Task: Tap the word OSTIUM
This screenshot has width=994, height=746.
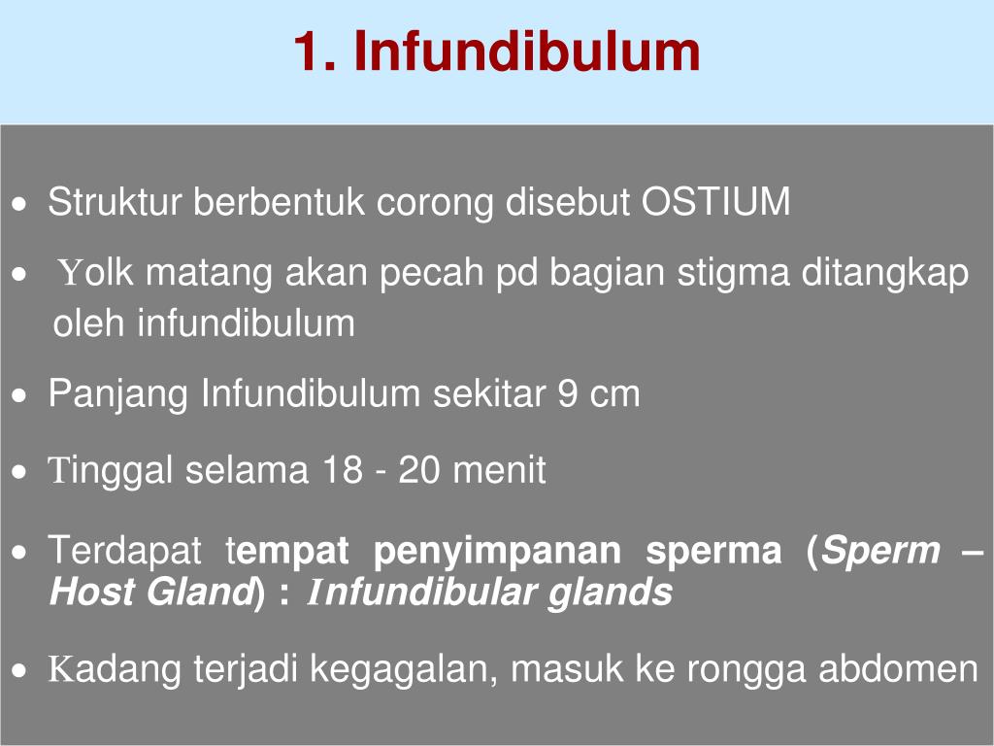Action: (716, 203)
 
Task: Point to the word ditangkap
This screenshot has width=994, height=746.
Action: (884, 275)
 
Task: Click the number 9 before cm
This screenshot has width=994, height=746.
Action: (567, 394)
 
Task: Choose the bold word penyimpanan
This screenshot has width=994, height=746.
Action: (497, 552)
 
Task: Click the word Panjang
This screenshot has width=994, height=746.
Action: (119, 394)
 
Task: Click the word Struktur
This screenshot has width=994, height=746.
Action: (116, 203)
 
